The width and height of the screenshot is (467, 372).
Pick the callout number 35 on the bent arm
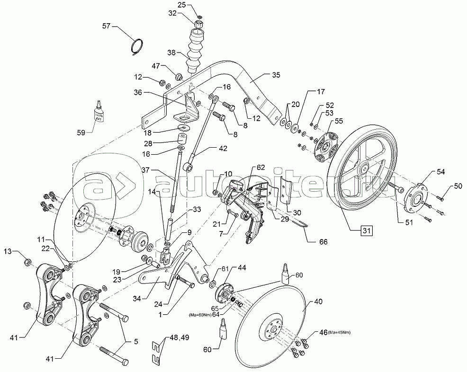coord(276,75)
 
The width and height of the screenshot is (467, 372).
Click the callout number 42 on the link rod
coord(223,148)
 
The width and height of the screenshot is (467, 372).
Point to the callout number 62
coord(261,167)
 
